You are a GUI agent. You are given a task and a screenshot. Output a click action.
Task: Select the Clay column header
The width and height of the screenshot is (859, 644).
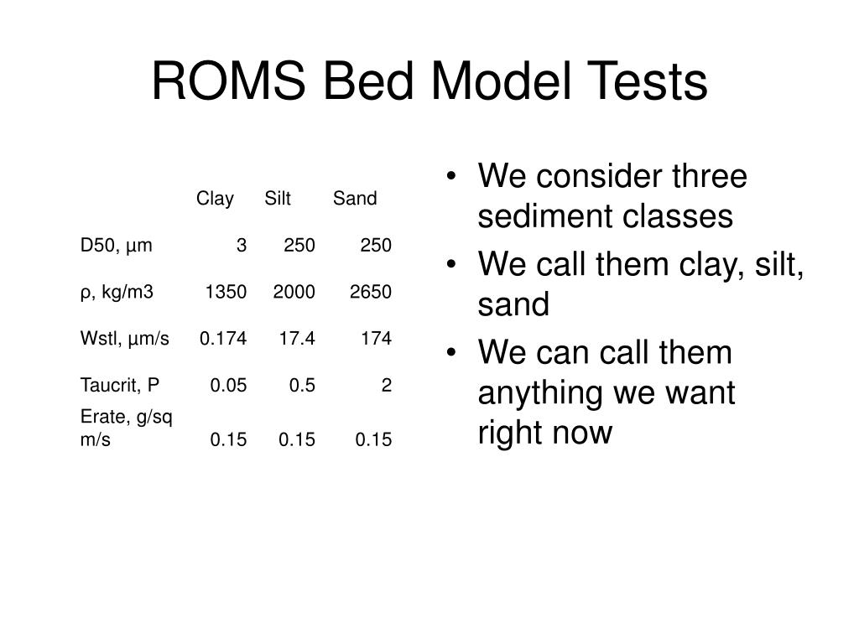tap(215, 199)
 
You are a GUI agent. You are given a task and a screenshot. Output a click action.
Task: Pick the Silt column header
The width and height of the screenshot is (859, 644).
tap(278, 199)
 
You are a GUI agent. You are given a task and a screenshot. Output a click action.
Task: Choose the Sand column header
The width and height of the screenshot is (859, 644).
tap(355, 199)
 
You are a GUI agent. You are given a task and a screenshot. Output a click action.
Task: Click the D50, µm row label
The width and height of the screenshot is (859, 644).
tap(117, 246)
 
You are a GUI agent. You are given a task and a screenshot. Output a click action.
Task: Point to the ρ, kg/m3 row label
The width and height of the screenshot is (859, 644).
tap(117, 292)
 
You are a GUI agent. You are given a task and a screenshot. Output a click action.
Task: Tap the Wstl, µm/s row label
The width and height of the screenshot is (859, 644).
tap(125, 339)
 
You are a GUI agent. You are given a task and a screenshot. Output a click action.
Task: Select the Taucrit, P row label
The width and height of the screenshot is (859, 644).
tap(120, 386)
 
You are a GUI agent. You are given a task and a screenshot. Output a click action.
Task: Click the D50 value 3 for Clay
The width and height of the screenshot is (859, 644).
tap(242, 246)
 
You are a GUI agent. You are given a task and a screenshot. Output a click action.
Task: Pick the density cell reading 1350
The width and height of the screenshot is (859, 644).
tap(226, 292)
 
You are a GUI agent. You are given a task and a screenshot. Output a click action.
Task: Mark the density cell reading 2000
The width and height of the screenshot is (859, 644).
tap(294, 292)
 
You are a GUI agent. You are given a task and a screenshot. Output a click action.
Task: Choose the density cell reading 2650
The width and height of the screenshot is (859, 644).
tap(371, 292)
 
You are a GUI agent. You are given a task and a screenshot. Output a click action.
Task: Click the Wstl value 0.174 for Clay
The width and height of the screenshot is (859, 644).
tap(223, 339)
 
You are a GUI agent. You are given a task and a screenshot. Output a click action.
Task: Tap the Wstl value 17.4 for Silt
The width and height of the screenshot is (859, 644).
tap(298, 339)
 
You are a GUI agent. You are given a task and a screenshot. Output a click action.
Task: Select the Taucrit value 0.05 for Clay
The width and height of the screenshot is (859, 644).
tap(228, 386)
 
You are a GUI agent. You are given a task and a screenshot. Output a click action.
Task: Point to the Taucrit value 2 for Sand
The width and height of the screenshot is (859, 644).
tap(387, 386)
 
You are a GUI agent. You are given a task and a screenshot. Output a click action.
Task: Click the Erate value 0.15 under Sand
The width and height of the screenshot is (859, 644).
tap(373, 439)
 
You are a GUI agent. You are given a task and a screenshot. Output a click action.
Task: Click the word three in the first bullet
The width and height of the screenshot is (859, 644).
tap(709, 177)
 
